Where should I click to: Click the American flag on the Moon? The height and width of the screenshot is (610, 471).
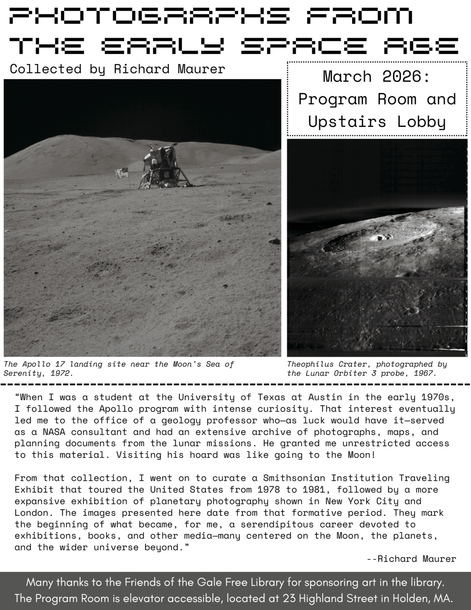click(121, 173)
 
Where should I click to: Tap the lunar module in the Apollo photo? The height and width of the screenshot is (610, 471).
click(161, 165)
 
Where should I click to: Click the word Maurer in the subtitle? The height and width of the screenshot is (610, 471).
click(201, 69)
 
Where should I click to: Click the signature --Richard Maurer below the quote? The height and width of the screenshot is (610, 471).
click(411, 559)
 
